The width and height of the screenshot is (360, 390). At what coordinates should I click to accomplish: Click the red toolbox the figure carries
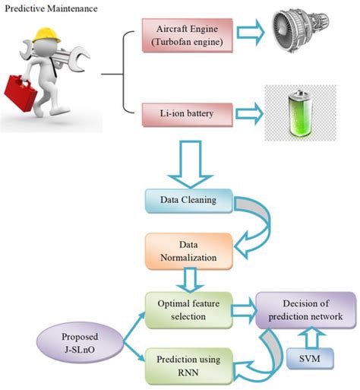[22, 94]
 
